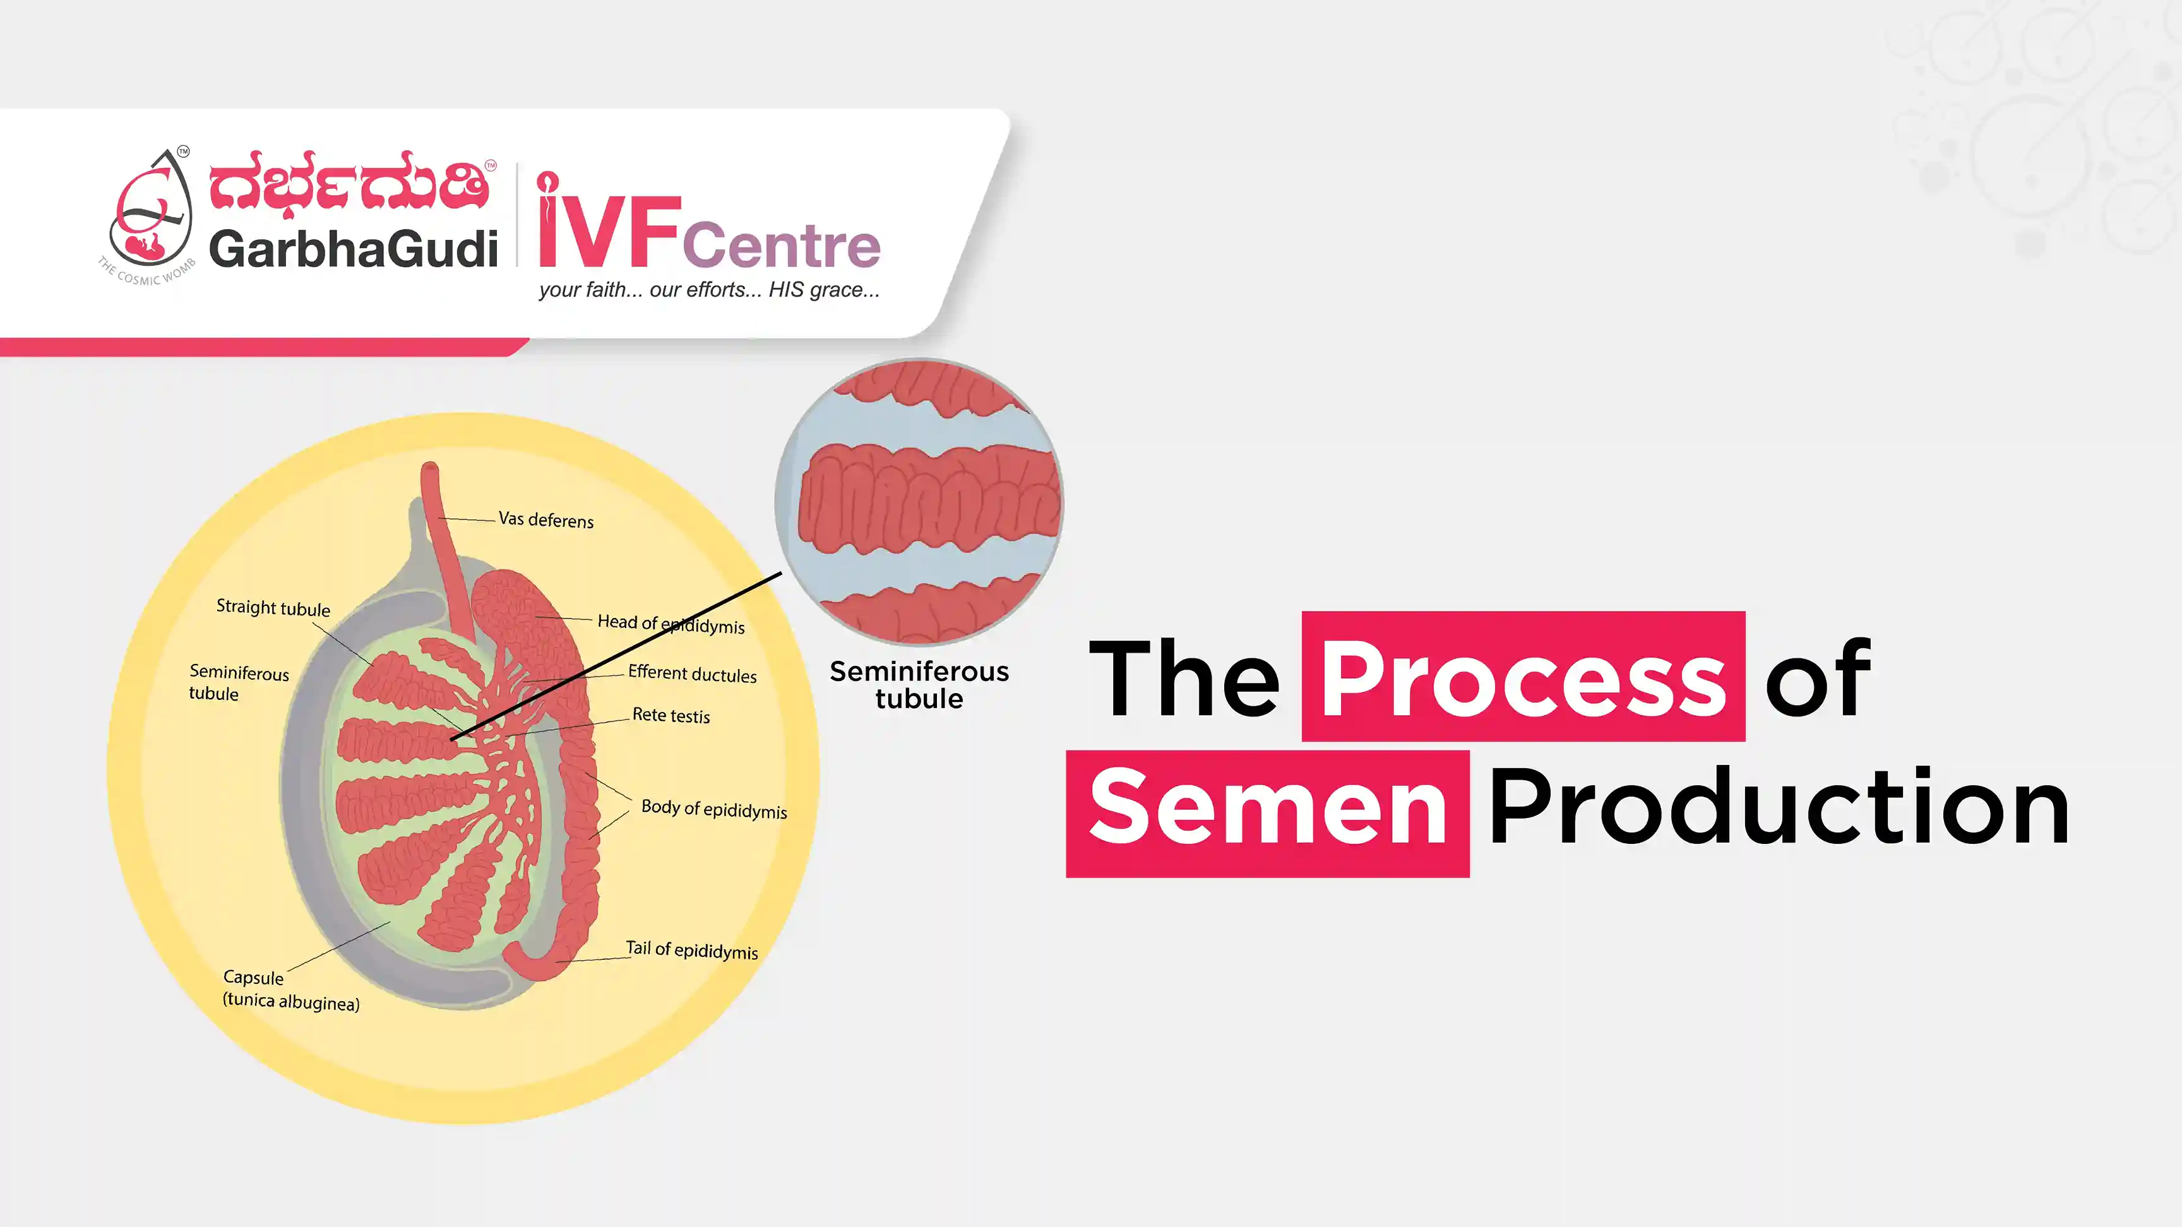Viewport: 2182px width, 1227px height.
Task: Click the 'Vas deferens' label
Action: pyautogui.click(x=545, y=519)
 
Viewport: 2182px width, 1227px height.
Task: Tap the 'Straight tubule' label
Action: pyautogui.click(x=273, y=608)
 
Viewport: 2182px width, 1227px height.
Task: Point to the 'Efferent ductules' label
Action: pyautogui.click(x=692, y=674)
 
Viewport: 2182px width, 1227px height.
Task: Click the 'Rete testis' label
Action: pyautogui.click(x=671, y=716)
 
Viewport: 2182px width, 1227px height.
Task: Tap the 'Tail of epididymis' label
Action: pyautogui.click(x=691, y=949)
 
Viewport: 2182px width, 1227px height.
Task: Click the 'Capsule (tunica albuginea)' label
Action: pyautogui.click(x=290, y=990)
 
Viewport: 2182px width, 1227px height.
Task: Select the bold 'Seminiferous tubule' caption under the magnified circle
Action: pyautogui.click(x=919, y=685)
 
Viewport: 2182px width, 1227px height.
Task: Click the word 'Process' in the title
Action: pyautogui.click(x=1523, y=677)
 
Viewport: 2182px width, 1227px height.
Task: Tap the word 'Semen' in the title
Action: pyautogui.click(x=1267, y=809)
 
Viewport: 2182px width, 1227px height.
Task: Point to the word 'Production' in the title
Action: pyautogui.click(x=1779, y=809)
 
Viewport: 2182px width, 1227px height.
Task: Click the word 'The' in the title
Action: pyautogui.click(x=1183, y=677)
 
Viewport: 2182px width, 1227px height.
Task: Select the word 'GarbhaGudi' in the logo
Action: pyautogui.click(x=353, y=248)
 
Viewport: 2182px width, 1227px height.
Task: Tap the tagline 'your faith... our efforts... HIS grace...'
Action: pyautogui.click(x=709, y=290)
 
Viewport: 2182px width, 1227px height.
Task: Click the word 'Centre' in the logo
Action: pyautogui.click(x=781, y=245)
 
